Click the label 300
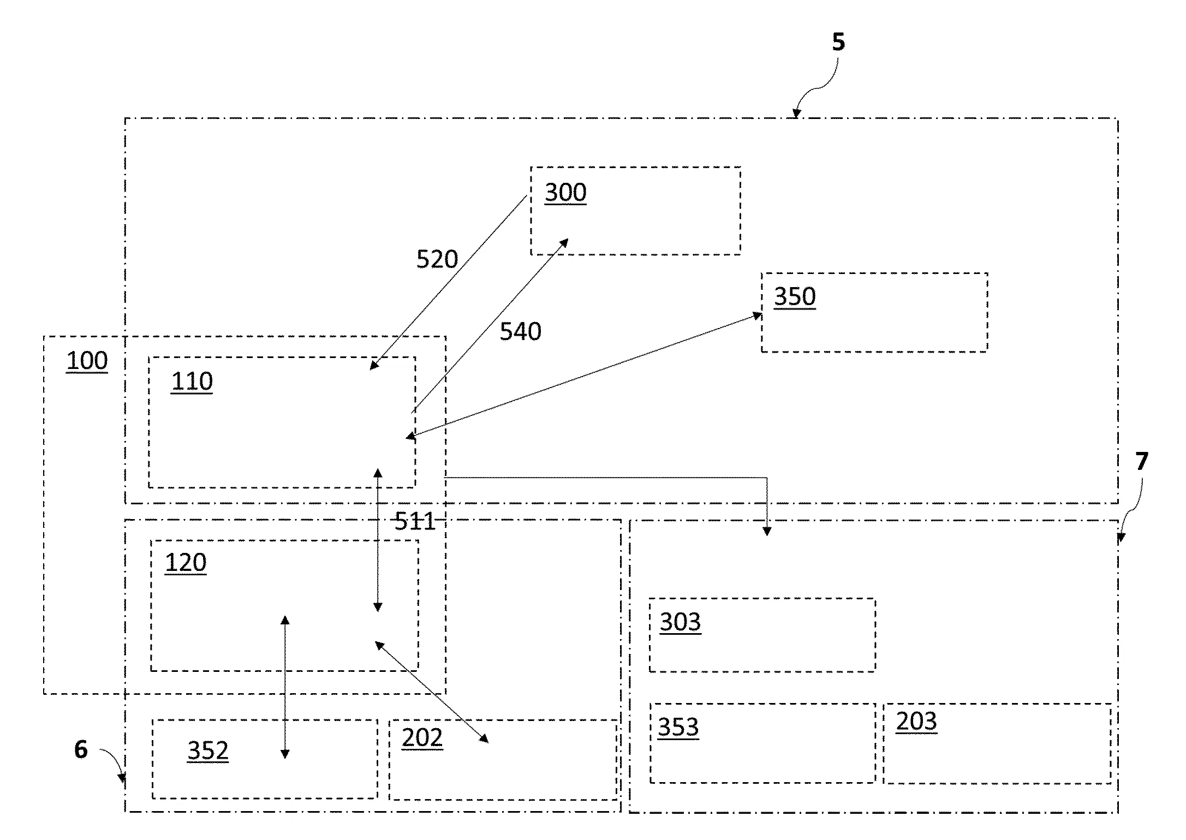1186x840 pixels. (565, 193)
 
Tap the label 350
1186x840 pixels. (795, 296)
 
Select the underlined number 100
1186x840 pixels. (87, 361)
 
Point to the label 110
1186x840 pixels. (192, 381)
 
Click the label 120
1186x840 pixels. (186, 562)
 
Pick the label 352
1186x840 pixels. (207, 750)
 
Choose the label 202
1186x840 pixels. (422, 738)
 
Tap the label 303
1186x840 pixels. (680, 622)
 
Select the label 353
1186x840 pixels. (678, 727)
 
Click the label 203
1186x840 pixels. (916, 722)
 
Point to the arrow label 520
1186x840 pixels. (437, 259)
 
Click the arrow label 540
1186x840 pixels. (520, 331)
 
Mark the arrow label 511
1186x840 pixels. (415, 521)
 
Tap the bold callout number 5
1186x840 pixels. (838, 42)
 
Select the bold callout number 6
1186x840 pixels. (81, 749)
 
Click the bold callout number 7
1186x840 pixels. (1142, 462)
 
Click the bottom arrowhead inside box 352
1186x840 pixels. (285, 754)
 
